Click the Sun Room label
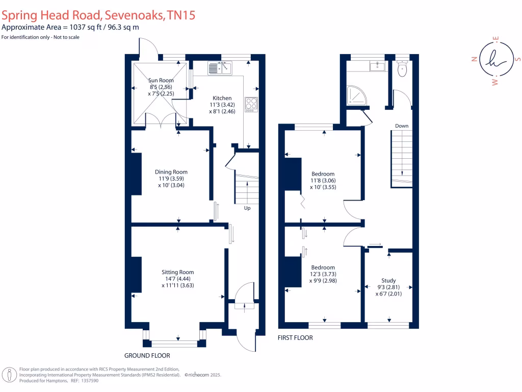[161, 80]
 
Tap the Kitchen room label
[222, 98]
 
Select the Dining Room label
[171, 172]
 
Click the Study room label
[388, 280]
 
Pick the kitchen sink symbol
[220, 67]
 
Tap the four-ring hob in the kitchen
[251, 104]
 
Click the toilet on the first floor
[402, 69]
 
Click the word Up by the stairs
[247, 208]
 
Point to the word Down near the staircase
[401, 126]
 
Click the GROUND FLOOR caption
[147, 355]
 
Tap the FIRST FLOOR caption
[295, 338]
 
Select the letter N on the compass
[474, 59]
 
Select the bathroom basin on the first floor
[377, 66]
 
